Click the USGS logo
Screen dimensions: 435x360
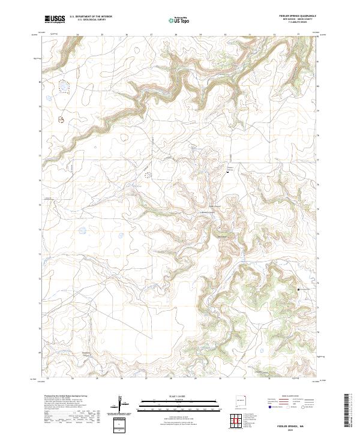pos(55,19)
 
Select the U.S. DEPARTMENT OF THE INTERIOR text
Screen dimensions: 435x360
pos(91,17)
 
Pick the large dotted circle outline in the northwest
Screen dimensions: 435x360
pos(62,87)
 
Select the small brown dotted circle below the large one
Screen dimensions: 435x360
pos(61,120)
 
